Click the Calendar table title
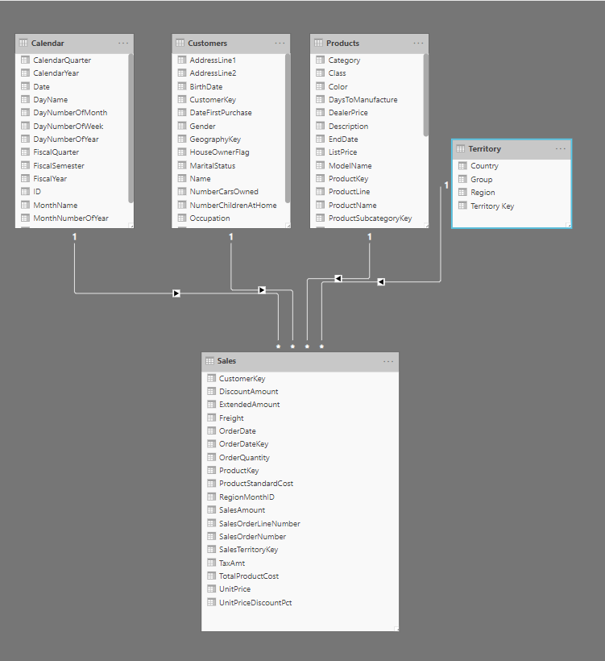coord(48,43)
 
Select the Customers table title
coord(207,43)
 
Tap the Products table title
coord(342,43)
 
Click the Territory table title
coord(484,149)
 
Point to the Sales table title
coord(226,361)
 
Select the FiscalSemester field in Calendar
coord(59,165)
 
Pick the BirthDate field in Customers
coord(206,86)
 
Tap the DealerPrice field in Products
coord(349,113)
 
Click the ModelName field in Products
coord(350,165)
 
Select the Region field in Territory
coord(483,193)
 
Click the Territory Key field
coord(492,206)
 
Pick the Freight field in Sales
coord(231,418)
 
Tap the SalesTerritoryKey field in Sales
coord(248,550)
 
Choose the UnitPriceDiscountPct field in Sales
coord(255,602)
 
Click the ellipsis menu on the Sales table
coord(388,361)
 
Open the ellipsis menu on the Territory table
coord(561,149)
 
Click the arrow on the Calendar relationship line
coord(176,293)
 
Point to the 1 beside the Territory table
coord(445,186)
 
